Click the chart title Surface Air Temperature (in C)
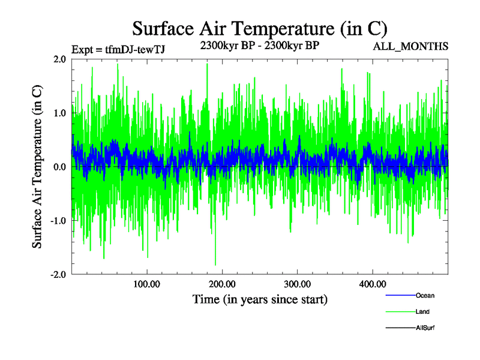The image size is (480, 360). coord(260,28)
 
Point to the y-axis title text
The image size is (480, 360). coord(37,167)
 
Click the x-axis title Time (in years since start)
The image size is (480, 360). coord(260,299)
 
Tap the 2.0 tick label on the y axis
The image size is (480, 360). coord(59,59)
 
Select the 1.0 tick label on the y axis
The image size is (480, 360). coord(59,113)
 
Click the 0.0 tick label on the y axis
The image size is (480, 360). coord(59,167)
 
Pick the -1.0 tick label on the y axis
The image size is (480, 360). coord(58,220)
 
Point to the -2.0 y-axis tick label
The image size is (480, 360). coord(58,274)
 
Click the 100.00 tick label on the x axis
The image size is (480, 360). coord(147,283)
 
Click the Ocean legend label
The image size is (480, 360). coord(425,296)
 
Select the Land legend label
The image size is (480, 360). coord(422,312)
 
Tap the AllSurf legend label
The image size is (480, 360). coord(425,328)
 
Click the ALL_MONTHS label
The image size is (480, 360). coord(411,47)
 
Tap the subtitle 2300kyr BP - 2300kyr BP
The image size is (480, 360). coord(259,44)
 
